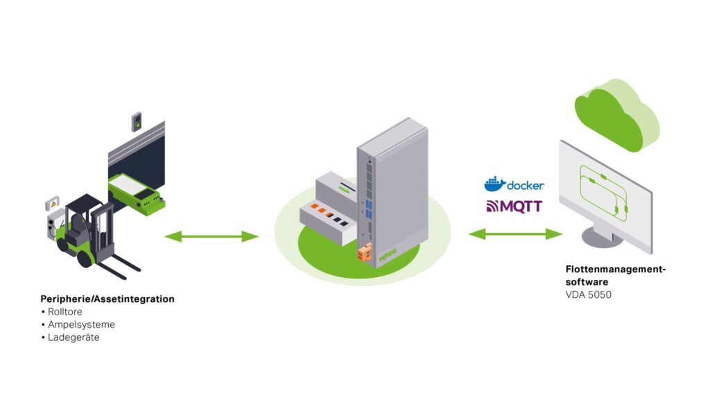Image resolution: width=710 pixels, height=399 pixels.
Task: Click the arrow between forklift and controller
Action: click(211, 237)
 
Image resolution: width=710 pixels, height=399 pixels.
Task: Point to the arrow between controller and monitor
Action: click(515, 234)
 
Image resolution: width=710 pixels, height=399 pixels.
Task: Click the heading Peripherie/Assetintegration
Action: click(107, 299)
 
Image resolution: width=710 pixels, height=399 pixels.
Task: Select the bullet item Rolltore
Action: click(64, 312)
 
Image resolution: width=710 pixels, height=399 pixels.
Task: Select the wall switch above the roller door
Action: click(137, 121)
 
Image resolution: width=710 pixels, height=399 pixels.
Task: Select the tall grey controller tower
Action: click(392, 187)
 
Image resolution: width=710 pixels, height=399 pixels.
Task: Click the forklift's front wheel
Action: click(85, 258)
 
